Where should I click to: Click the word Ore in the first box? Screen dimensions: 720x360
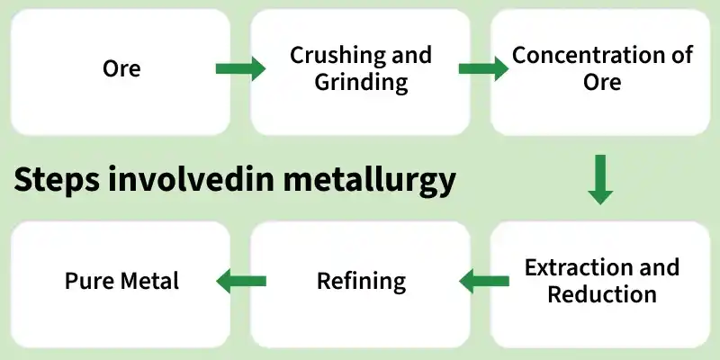pyautogui.click(x=121, y=69)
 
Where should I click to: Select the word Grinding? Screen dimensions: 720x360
pyautogui.click(x=362, y=83)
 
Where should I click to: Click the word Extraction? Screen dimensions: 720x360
pyautogui.click(x=573, y=267)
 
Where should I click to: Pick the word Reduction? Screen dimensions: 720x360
pyautogui.click(x=602, y=294)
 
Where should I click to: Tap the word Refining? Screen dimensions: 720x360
pyautogui.click(x=362, y=281)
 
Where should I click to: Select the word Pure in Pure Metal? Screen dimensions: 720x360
pyautogui.click(x=86, y=281)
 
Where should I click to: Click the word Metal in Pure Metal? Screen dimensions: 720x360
pyautogui.click(x=147, y=281)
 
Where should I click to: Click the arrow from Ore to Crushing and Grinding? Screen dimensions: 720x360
pyautogui.click(x=240, y=69)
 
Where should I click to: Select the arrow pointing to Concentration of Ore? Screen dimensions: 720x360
pyautogui.click(x=483, y=69)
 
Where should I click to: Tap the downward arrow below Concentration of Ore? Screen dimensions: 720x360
pyautogui.click(x=600, y=179)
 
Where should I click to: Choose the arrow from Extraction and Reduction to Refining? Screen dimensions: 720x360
pyautogui.click(x=484, y=281)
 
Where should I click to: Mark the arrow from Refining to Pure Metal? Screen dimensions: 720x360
pyautogui.click(x=241, y=281)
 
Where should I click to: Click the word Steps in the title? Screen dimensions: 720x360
pyautogui.click(x=57, y=181)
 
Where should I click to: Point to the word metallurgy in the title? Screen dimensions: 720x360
pyautogui.click(x=369, y=181)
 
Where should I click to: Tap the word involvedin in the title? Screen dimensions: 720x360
pyautogui.click(x=191, y=179)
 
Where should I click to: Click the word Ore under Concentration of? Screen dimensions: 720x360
pyautogui.click(x=602, y=82)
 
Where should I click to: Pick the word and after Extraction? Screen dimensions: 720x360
pyautogui.click(x=654, y=267)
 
